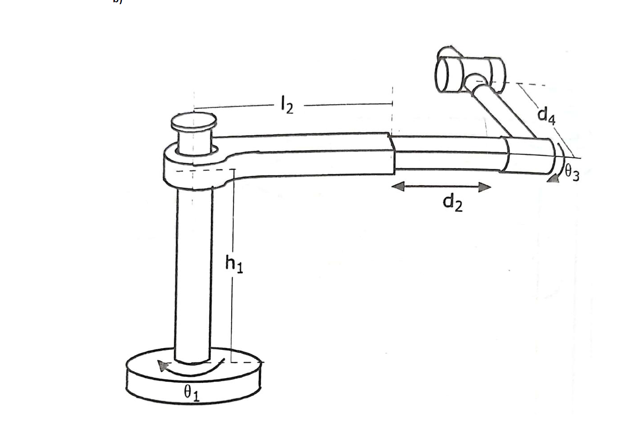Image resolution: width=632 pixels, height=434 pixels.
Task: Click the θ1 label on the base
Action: [191, 394]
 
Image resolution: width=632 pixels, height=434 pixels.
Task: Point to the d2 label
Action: [452, 203]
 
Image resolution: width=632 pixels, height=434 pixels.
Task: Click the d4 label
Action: [546, 115]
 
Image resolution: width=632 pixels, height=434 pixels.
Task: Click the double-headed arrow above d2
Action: [441, 187]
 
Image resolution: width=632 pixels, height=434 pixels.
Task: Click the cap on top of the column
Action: [193, 122]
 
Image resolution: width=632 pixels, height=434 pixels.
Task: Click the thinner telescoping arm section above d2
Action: [446, 154]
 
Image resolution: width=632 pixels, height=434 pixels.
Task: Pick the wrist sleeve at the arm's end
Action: [530, 155]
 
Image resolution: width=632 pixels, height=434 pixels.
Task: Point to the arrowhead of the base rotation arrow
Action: [162, 366]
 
